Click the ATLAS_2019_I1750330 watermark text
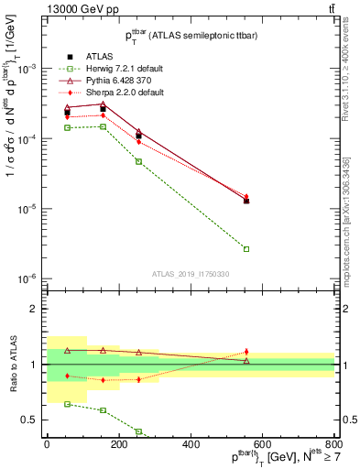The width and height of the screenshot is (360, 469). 191,274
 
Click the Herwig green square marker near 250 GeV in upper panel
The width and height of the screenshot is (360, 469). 138,161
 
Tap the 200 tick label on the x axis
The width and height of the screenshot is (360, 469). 119,444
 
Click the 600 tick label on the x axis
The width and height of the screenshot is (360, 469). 263,444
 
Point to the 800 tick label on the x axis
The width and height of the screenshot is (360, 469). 334,444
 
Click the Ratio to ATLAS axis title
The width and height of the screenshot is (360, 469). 11,365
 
